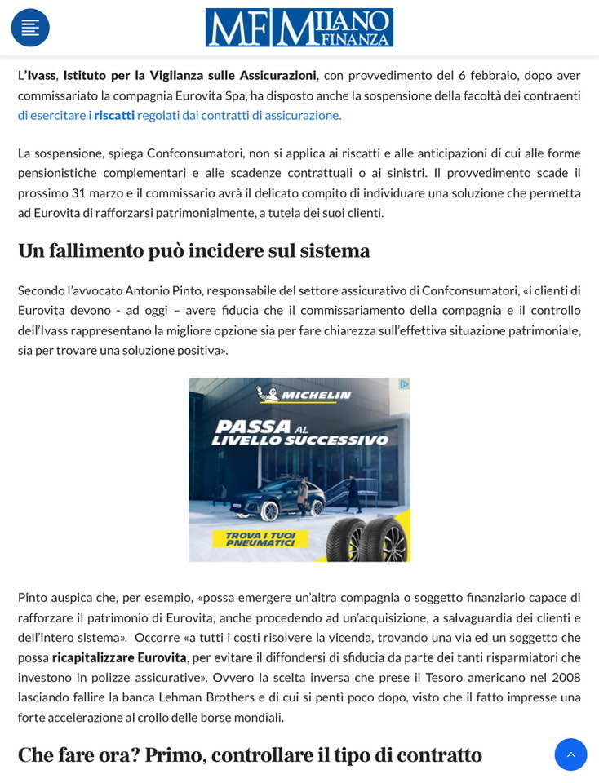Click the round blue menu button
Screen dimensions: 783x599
30,28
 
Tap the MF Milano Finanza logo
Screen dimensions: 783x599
299,28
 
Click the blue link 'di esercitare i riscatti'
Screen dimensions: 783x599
75,115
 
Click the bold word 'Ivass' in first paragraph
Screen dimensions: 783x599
42,75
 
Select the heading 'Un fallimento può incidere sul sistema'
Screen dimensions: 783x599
194,250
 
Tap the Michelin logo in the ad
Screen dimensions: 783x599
304,395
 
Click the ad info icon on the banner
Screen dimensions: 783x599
403,384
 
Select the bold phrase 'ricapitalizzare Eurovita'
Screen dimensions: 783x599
119,657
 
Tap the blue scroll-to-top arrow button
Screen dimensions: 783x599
570,754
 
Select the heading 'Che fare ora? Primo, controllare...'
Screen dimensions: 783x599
250,754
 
